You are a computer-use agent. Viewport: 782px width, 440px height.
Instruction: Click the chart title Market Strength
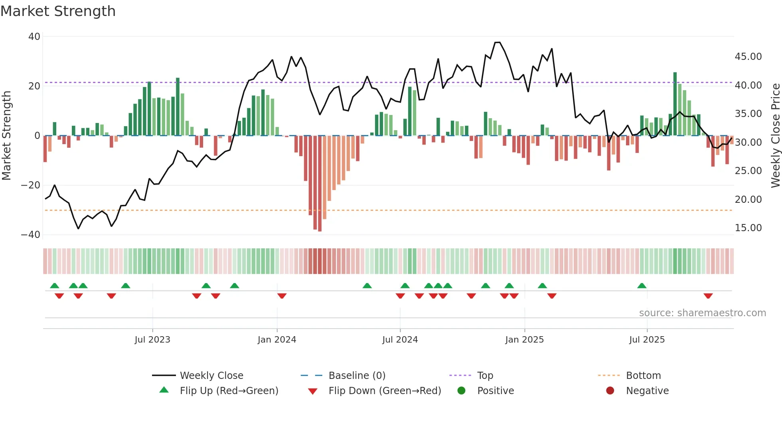(x=58, y=11)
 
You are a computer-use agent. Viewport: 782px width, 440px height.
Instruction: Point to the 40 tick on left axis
(x=34, y=37)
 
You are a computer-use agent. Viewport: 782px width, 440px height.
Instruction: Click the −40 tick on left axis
(x=31, y=235)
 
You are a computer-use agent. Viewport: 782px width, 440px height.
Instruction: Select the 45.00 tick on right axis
(x=748, y=57)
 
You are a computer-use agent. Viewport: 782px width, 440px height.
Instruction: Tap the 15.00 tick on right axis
(x=748, y=228)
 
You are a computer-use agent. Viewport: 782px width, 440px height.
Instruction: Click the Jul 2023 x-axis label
(x=152, y=340)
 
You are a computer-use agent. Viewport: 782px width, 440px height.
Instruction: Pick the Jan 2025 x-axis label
(x=524, y=340)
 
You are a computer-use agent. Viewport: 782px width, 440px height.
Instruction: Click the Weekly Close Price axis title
(x=775, y=136)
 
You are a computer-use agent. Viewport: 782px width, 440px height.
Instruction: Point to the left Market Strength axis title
(x=7, y=136)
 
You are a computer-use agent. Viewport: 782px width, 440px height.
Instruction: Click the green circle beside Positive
(x=461, y=391)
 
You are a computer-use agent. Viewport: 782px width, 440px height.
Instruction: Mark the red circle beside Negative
(x=610, y=391)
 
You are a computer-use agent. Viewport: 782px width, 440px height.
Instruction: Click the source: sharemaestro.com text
(x=702, y=313)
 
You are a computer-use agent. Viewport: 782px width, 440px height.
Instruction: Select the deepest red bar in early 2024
(x=320, y=184)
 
